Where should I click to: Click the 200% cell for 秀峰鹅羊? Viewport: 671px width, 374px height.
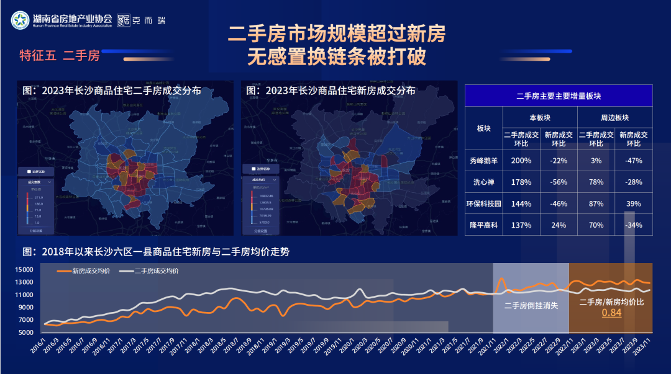(x=521, y=161)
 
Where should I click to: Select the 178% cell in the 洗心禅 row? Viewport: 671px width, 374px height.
(x=521, y=182)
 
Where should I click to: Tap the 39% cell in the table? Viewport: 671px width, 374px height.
(x=633, y=203)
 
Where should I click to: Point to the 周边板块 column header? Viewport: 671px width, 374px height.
(x=614, y=117)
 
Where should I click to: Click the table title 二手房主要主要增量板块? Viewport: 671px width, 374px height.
(x=558, y=96)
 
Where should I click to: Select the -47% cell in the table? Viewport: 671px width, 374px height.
(x=633, y=161)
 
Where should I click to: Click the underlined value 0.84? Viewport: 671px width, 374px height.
(x=611, y=313)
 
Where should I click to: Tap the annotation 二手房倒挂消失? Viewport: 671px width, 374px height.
(x=531, y=305)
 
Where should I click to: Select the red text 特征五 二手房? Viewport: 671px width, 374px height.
(x=60, y=56)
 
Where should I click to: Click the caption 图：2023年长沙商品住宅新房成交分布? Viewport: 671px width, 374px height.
(x=331, y=91)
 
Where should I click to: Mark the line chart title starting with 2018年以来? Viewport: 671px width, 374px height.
(x=155, y=252)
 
